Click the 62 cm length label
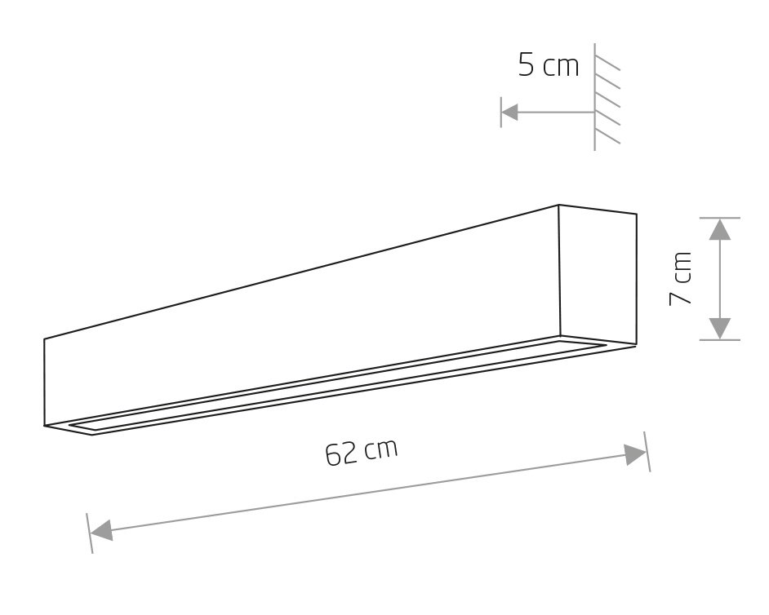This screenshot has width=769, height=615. tap(362, 452)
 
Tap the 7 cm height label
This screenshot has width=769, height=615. tap(680, 278)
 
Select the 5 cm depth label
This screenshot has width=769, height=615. tap(549, 64)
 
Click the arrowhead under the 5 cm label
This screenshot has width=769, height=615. tap(510, 113)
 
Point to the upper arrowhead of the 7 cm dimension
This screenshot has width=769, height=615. tap(720, 229)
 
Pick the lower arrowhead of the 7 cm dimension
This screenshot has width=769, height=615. tap(720, 329)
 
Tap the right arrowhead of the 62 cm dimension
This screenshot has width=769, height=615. tap(634, 455)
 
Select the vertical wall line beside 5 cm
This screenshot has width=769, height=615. tap(595, 96)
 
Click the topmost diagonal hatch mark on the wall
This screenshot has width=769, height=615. tap(607, 64)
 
